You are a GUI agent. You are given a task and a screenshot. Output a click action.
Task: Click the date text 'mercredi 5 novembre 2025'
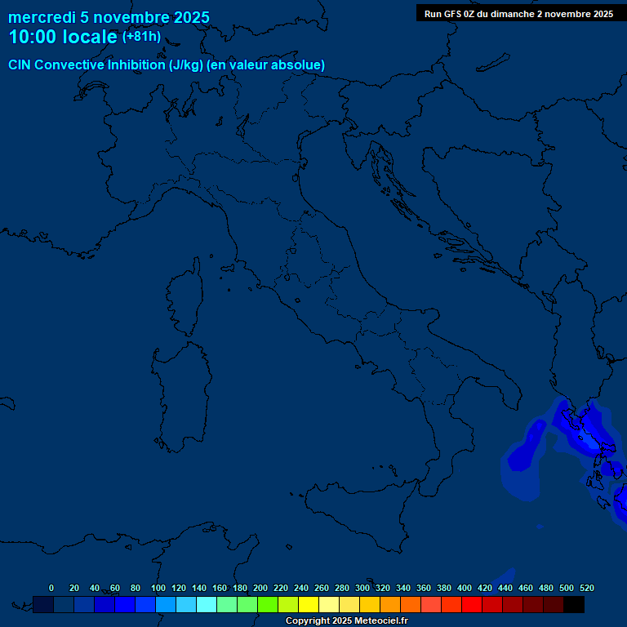tap(109, 17)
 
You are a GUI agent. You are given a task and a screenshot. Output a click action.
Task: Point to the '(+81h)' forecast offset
tap(141, 37)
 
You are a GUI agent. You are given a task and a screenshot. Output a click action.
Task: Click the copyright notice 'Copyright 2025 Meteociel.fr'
tap(346, 621)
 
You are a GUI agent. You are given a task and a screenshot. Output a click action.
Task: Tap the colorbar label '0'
tap(51, 588)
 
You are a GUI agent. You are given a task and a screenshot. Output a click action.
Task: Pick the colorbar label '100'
tap(158, 588)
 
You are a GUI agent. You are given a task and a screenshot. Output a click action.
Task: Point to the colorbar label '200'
tap(260, 588)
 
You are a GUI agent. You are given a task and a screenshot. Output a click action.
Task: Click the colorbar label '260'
tap(322, 588)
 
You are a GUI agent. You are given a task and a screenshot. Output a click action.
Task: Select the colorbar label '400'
tap(465, 588)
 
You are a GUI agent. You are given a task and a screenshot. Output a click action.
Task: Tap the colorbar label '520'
tap(586, 588)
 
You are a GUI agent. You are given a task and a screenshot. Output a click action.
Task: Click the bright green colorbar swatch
tap(268, 605)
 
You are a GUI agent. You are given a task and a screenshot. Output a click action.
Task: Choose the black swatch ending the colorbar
tap(574, 605)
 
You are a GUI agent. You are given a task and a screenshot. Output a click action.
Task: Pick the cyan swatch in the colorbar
tap(207, 605)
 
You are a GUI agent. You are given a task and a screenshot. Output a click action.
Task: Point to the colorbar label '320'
tap(383, 588)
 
